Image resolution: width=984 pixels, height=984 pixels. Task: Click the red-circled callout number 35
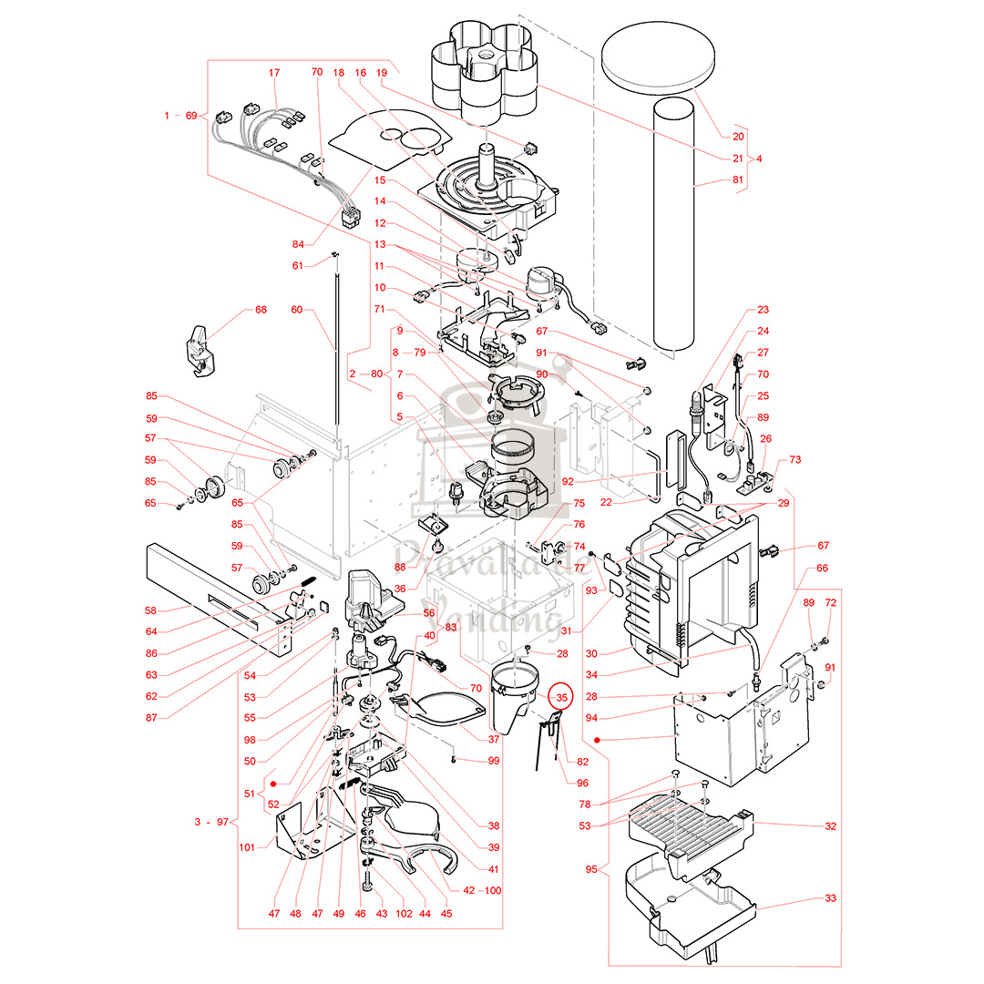(x=562, y=697)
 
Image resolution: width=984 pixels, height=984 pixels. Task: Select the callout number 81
(x=737, y=180)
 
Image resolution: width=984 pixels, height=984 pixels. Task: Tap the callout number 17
(x=274, y=72)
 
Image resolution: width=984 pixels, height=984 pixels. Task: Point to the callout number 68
(x=261, y=310)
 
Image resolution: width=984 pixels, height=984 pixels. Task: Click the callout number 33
(x=830, y=898)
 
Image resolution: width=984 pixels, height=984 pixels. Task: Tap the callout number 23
(x=763, y=310)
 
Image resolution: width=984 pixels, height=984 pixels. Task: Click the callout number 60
(x=296, y=310)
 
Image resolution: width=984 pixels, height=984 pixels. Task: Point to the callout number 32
(x=830, y=826)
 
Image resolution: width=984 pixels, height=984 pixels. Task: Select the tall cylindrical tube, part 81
(x=674, y=228)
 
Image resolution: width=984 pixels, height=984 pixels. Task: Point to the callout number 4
(x=759, y=159)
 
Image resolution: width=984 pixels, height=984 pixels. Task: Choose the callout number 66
(x=823, y=568)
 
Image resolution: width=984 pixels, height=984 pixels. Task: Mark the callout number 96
(x=582, y=783)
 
